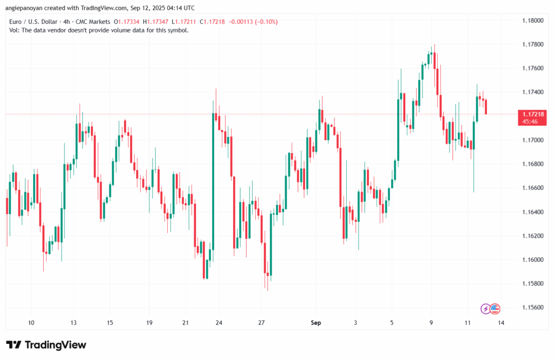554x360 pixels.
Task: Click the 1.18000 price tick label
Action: tap(532, 21)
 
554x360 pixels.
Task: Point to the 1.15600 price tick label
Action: tap(532, 307)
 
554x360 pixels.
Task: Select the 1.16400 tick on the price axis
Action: tap(532, 212)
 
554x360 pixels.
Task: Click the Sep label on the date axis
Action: tap(316, 323)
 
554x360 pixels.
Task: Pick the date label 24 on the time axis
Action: tap(219, 323)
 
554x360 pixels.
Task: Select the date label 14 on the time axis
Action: tap(502, 323)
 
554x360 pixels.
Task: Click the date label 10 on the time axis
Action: tap(31, 323)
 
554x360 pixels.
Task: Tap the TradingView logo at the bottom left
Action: tap(46, 345)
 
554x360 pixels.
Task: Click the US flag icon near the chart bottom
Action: tap(495, 309)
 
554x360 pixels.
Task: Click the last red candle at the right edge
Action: tap(486, 107)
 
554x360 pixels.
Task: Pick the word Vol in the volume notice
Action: tap(15, 30)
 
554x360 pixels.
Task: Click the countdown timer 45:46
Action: tap(530, 122)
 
